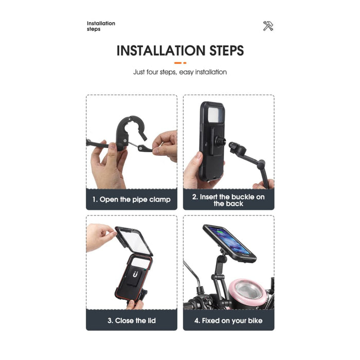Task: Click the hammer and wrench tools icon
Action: pos(268,26)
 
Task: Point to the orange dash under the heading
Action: pos(180,63)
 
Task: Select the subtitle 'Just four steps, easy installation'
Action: pos(180,72)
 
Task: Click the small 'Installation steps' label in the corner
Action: pos(101,26)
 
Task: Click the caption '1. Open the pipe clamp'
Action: pos(131,199)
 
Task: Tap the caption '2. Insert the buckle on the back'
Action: pos(228,200)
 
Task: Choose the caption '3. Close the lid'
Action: pos(131,320)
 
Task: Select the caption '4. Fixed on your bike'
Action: pos(228,320)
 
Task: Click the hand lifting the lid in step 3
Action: pos(101,236)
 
